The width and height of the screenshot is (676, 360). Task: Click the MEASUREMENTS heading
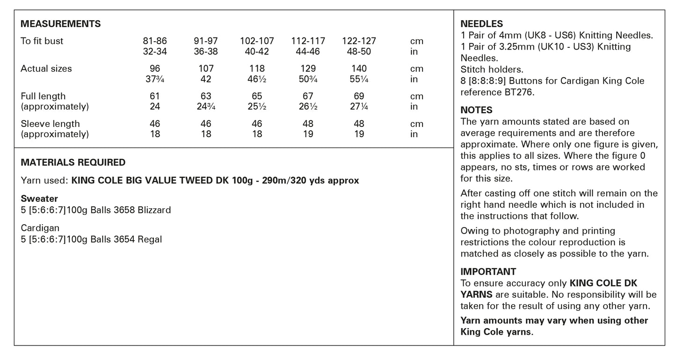61,24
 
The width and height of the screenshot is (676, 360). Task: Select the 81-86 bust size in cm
155,41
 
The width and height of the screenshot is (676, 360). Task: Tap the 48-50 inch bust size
359,52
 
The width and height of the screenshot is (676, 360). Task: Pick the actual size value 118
257,69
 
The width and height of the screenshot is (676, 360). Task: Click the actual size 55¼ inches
359,80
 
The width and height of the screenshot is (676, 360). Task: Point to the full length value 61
155,96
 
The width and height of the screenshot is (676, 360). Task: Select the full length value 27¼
359,107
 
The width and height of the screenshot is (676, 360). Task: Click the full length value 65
257,96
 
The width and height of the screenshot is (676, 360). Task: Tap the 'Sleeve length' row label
50,124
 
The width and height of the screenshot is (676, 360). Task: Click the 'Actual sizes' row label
46,69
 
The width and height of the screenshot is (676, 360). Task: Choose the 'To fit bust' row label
42,41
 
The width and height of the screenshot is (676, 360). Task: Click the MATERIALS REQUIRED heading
73,163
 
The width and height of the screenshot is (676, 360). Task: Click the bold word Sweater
39,199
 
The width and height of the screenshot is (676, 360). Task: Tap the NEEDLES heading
482,24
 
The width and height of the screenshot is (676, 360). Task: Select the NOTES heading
476,110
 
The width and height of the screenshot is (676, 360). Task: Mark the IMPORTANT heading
488,272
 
